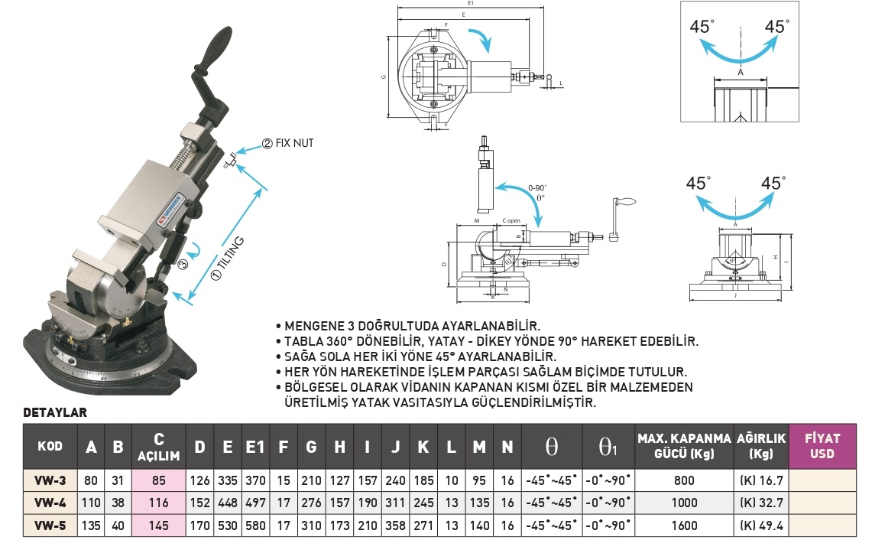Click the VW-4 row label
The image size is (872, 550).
50,503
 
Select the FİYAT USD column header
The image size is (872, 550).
822,445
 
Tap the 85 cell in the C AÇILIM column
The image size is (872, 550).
160,480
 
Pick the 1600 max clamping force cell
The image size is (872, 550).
684,526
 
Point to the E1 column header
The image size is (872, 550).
254,447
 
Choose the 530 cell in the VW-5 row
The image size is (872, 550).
228,526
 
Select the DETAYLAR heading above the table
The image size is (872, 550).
55,412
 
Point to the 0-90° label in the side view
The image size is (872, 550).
537,187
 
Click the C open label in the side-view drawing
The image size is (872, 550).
511,220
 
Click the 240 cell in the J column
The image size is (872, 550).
395,480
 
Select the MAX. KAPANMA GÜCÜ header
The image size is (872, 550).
684,445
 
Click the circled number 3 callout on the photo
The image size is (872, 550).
183,265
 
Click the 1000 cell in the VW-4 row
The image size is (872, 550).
684,503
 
